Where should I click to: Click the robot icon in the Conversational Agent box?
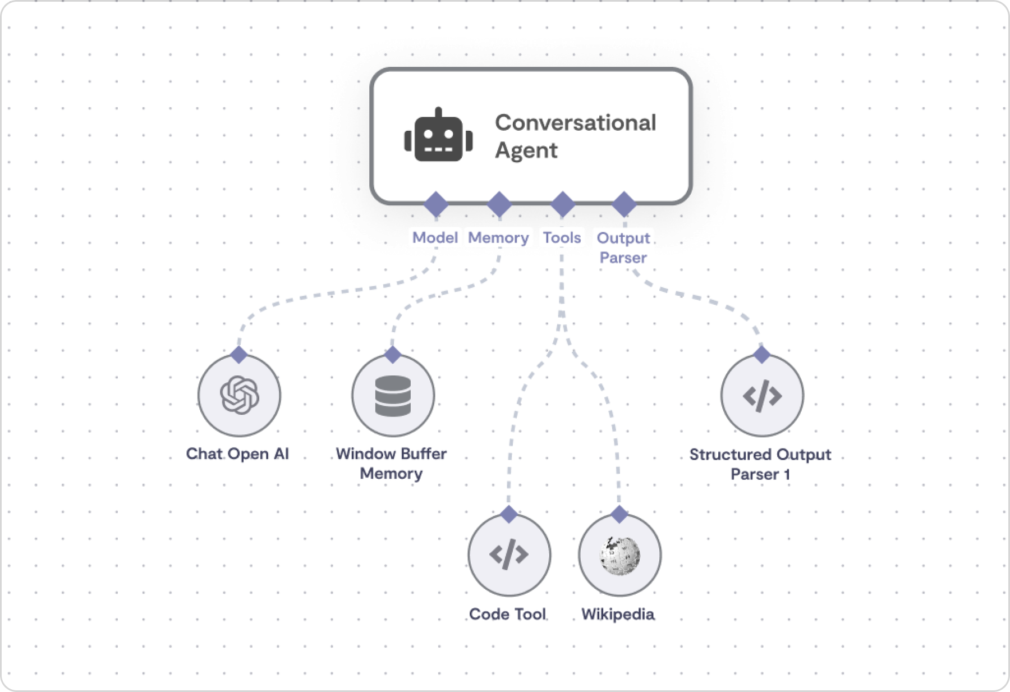click(x=438, y=135)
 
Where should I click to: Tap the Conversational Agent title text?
click(x=576, y=136)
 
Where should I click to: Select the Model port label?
click(x=435, y=237)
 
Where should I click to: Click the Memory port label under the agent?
click(x=499, y=238)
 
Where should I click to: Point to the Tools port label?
click(x=562, y=237)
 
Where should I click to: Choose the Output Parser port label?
click(x=623, y=248)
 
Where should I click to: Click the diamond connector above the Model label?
click(x=436, y=204)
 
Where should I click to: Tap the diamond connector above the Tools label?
click(x=563, y=204)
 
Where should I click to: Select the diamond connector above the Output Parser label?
click(x=624, y=204)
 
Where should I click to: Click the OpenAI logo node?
click(x=240, y=396)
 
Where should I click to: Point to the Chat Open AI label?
click(x=237, y=453)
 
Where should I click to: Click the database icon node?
click(x=393, y=396)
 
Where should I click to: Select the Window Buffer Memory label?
click(x=391, y=464)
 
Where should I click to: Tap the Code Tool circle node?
click(x=509, y=554)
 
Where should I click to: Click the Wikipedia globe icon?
click(x=620, y=555)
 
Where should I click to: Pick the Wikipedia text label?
click(x=618, y=614)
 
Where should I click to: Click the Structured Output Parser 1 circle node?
click(x=762, y=396)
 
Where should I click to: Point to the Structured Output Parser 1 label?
click(x=760, y=464)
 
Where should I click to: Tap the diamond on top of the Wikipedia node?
click(x=619, y=514)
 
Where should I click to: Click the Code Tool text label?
click(x=508, y=614)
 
